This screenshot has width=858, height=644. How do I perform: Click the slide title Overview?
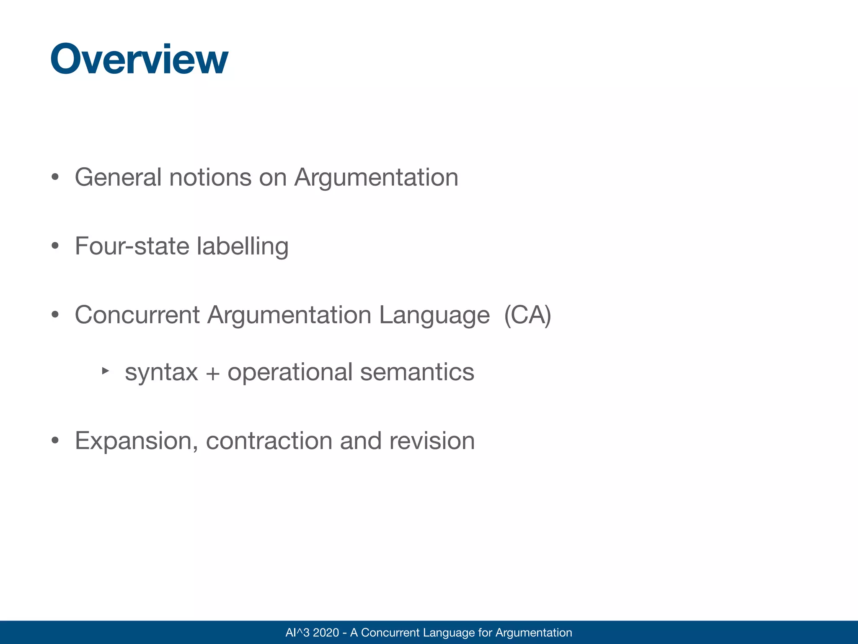click(x=139, y=60)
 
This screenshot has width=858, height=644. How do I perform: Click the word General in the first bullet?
click(x=118, y=177)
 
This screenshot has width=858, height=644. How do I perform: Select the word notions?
click(x=210, y=177)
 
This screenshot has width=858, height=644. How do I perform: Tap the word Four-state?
click(x=132, y=246)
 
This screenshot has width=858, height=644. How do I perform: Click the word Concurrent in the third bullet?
click(x=137, y=315)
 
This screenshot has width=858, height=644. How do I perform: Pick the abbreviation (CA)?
click(x=527, y=315)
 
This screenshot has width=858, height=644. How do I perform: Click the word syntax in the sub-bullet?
click(x=161, y=372)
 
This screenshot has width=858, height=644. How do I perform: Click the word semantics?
click(x=417, y=372)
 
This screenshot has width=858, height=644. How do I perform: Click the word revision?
click(x=432, y=441)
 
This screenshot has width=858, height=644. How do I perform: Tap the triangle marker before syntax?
click(x=106, y=371)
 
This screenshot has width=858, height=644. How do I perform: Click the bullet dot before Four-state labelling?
click(x=55, y=246)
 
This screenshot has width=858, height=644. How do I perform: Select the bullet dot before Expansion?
click(x=55, y=441)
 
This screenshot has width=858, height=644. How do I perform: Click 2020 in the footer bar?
click(x=326, y=633)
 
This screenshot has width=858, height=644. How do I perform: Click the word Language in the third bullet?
click(x=434, y=315)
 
